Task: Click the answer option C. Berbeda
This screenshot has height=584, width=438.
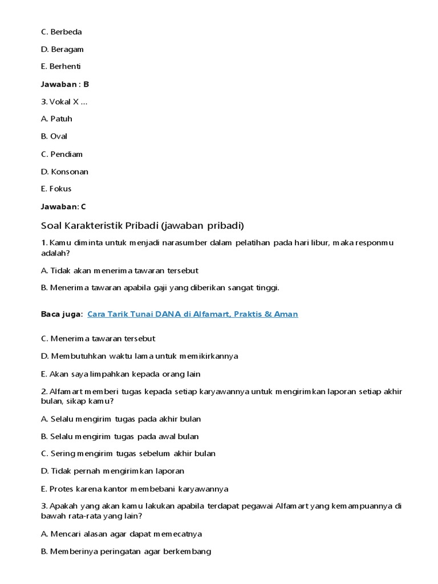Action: coord(62,32)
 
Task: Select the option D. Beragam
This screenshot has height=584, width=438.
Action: coord(62,50)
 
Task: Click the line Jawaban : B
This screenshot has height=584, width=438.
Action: coord(65,84)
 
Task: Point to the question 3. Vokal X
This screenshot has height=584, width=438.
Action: coord(64,102)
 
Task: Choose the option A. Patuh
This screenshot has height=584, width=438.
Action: coord(57,119)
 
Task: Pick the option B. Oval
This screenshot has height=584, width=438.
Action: coord(54,136)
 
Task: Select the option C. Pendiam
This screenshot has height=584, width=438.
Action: coord(62,154)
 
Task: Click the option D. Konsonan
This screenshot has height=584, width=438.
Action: coord(64,172)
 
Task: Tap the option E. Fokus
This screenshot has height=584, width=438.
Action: coord(56,189)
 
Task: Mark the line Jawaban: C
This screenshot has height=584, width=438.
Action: coord(63,206)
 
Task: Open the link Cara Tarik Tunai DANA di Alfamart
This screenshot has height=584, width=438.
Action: coord(193,314)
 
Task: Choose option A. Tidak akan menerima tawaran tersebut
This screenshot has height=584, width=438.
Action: coord(120,270)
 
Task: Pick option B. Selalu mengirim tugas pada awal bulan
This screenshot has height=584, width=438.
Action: coord(120,436)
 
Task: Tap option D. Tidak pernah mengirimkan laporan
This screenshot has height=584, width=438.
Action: coord(112,471)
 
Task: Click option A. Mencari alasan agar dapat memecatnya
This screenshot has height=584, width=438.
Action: coord(121,534)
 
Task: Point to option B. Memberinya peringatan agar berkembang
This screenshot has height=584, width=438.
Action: coord(126,551)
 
